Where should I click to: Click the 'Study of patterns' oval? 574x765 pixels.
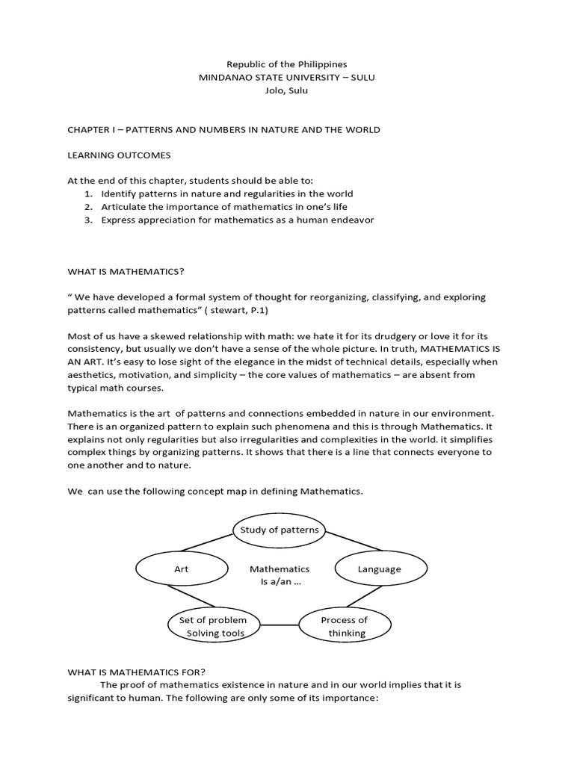tap(279, 530)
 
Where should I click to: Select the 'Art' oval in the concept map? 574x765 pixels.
tap(182, 569)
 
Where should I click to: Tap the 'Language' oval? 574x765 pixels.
tap(379, 569)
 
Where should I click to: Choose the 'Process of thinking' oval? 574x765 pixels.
tap(344, 626)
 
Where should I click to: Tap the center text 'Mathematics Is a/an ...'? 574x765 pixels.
tap(280, 575)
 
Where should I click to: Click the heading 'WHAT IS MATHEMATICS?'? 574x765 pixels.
tap(126, 271)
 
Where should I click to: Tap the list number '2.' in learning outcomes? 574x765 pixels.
tap(87, 207)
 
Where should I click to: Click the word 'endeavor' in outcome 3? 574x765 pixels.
tap(354, 220)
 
